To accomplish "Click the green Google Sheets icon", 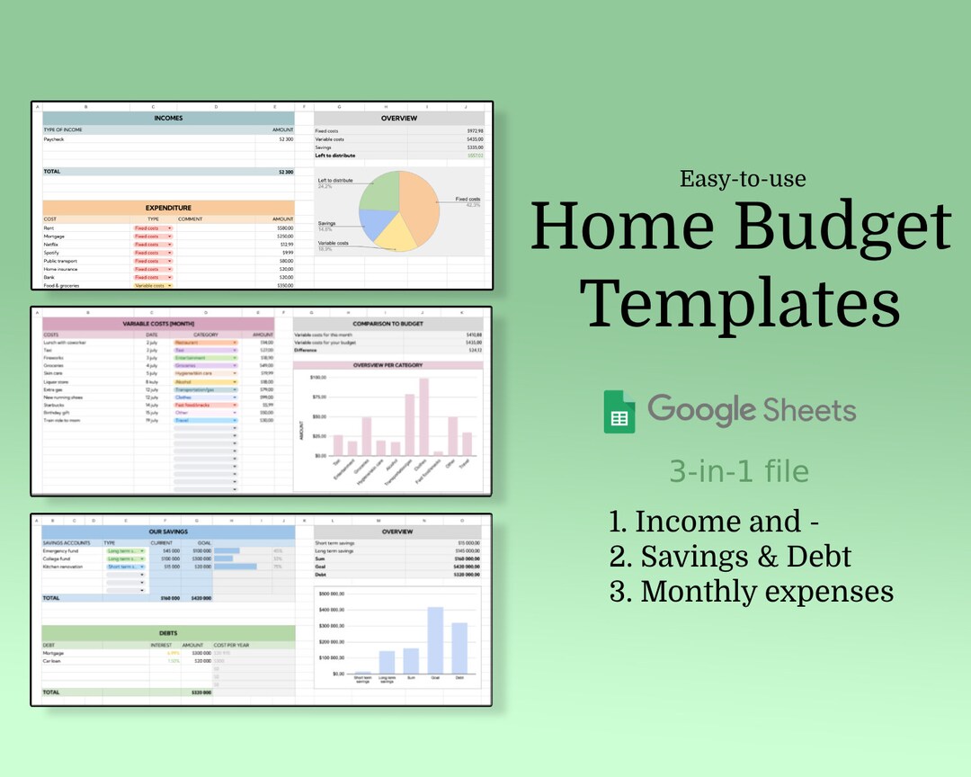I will click(619, 411).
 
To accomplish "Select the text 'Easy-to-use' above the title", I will click(743, 178).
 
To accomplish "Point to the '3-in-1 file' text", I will click(738, 471).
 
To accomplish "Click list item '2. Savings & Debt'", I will click(729, 557).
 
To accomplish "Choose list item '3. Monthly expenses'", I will click(751, 591).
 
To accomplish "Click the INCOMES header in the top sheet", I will click(168, 118).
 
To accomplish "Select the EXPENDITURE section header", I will click(168, 208).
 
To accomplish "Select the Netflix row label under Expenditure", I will click(50, 245).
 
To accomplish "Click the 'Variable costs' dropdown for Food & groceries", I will click(152, 286).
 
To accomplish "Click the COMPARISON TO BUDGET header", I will click(388, 323).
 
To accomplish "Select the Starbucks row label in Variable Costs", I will click(54, 406).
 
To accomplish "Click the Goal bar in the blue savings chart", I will click(435, 640).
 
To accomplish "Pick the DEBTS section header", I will click(168, 632).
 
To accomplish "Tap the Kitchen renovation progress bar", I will click(236, 567).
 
